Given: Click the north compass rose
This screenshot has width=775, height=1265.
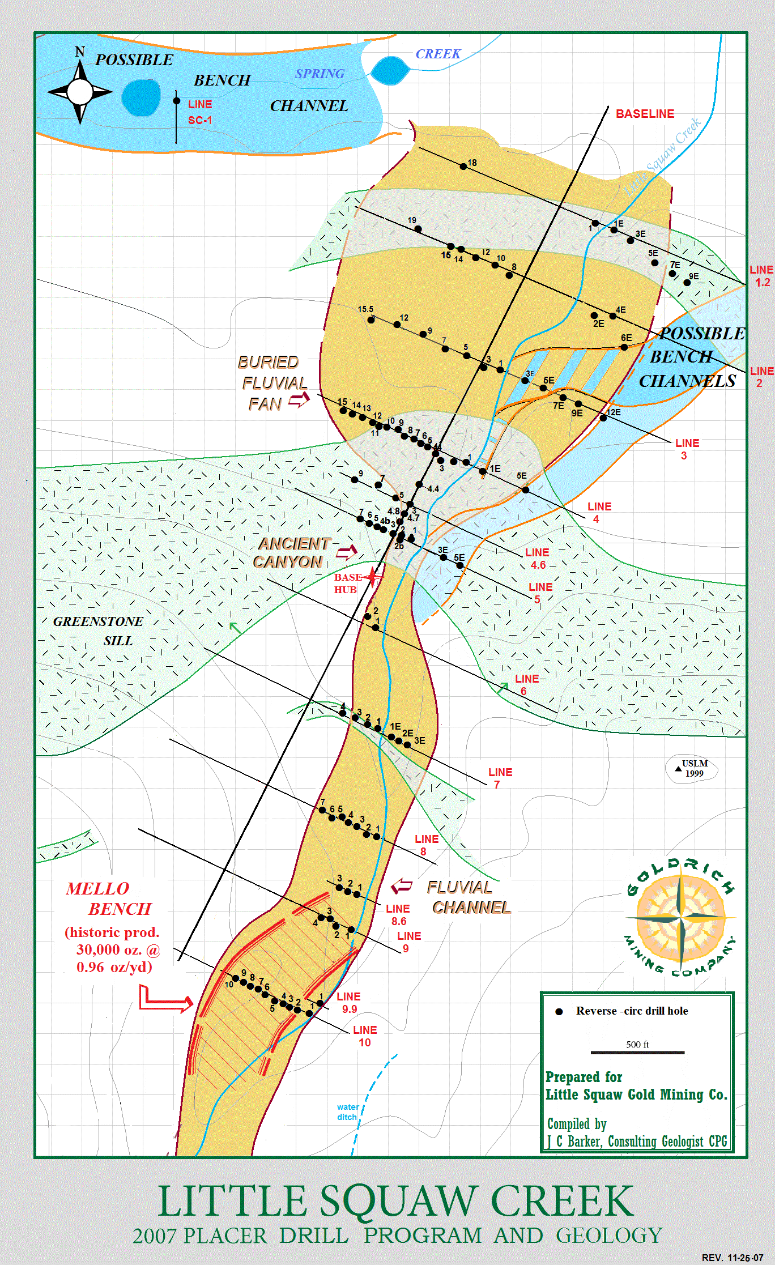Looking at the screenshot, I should point(80,91).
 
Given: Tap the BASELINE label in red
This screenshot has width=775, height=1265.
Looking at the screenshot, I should point(645,114).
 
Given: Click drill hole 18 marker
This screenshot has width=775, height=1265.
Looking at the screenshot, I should point(463,166).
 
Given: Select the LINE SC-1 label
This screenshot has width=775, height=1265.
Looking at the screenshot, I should point(200,112).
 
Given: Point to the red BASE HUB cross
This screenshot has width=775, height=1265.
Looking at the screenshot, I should point(372,577).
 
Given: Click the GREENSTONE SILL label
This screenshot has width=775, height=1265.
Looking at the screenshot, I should point(99,631).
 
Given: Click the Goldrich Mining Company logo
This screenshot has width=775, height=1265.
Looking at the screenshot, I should point(680,917).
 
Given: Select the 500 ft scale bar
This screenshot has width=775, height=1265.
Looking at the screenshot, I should point(637,1053).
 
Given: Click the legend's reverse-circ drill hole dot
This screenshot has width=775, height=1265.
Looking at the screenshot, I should point(559,1012).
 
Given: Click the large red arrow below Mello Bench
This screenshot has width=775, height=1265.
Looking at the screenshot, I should point(165,1000).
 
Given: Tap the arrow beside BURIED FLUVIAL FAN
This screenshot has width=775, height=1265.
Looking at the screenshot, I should point(299,400).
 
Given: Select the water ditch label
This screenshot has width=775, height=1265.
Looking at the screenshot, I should point(347,1111).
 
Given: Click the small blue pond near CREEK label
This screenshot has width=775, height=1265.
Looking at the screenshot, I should point(390,71).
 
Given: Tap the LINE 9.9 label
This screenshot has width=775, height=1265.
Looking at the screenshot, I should point(348,1002).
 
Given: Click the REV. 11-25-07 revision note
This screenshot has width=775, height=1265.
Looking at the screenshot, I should point(732,1257).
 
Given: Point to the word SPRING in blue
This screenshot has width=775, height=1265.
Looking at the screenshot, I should point(320,74).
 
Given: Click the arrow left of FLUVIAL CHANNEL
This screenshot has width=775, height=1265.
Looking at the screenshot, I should point(402,885).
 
